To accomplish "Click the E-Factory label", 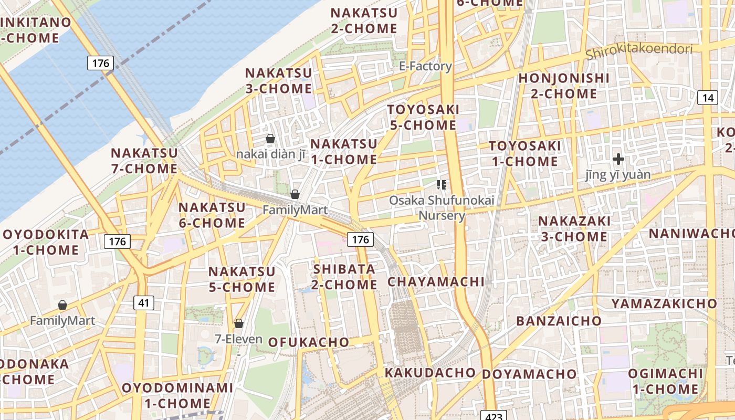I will point(425,66).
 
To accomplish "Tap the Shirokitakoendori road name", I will point(639,51).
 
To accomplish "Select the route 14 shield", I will point(708,97).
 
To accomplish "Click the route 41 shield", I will point(144,302).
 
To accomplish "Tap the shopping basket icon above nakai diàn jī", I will point(270,139).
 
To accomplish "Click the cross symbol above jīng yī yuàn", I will point(618,159).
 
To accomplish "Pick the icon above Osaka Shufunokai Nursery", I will point(442,184).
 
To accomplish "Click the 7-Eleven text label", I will point(239,339).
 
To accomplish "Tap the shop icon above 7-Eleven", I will point(239,323).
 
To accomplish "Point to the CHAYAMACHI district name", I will point(436,282).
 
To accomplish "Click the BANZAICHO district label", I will point(559,321).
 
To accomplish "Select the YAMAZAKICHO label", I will point(664,303).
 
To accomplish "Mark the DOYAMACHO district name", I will point(529,374).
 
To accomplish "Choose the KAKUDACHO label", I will point(430,373).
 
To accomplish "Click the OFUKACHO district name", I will point(309,342).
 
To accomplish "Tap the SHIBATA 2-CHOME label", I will point(345,277).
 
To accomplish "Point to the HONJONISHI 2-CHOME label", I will point(564,86).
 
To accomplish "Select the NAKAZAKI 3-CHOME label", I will point(574,229).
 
